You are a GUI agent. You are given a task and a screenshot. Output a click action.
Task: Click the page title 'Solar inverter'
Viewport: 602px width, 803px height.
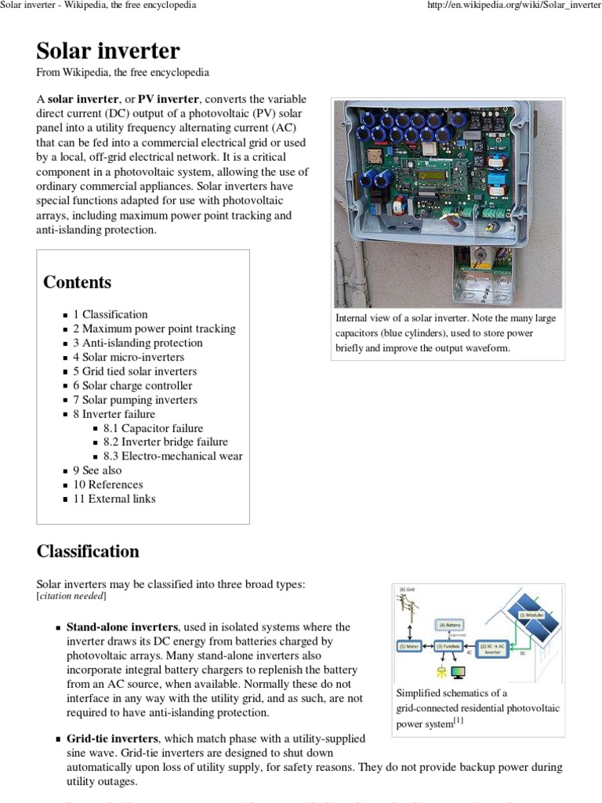[108, 51]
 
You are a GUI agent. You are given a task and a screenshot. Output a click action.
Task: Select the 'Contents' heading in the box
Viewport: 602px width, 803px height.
[77, 282]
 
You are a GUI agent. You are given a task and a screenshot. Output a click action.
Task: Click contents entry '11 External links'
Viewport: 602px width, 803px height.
[114, 499]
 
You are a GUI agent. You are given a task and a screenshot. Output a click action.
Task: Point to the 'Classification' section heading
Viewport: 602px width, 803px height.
[88, 551]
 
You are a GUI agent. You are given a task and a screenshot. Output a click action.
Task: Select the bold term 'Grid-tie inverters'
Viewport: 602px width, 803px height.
[112, 739]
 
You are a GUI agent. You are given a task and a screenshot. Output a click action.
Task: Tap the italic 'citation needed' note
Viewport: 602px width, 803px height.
[72, 597]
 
